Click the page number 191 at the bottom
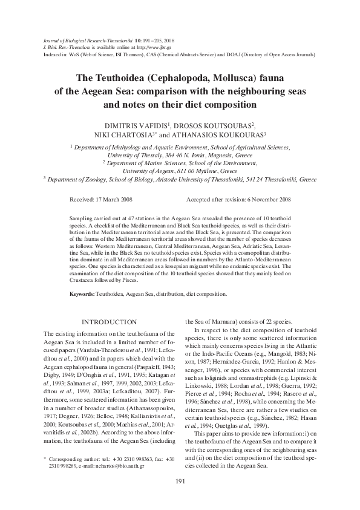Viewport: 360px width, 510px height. click(179, 481)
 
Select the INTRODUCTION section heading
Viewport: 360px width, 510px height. click(110, 321)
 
